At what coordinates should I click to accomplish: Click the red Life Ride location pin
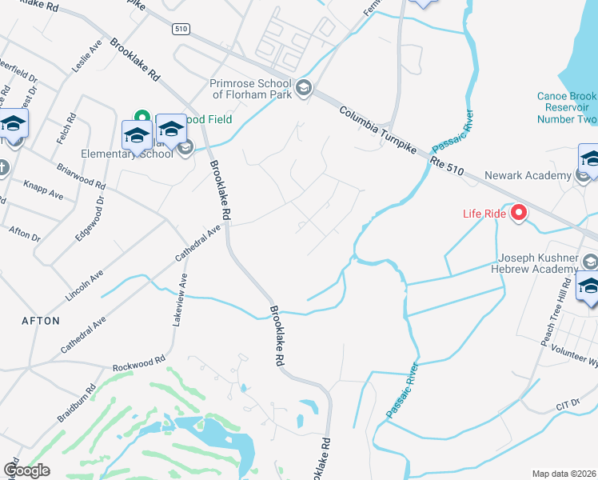519,212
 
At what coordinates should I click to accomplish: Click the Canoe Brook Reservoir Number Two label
566,108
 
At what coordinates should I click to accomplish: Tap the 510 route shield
181,29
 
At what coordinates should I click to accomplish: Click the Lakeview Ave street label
181,298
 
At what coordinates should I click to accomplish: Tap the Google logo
27,470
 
